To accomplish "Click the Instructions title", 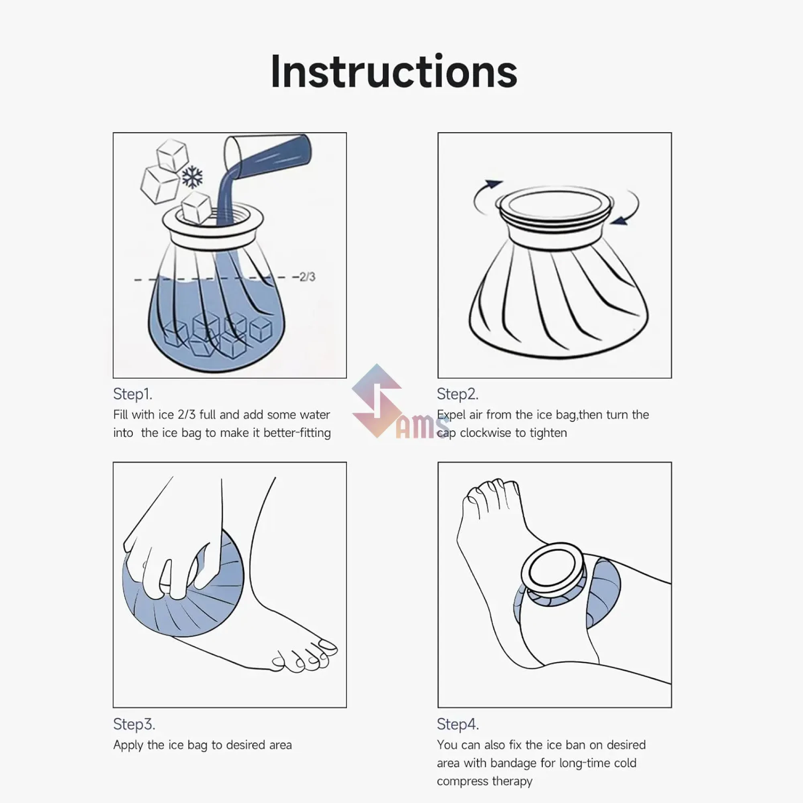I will (x=393, y=71).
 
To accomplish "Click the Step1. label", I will (x=132, y=394).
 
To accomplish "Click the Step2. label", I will (x=457, y=394).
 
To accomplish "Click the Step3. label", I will (x=134, y=724).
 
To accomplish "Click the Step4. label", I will (x=458, y=724).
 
